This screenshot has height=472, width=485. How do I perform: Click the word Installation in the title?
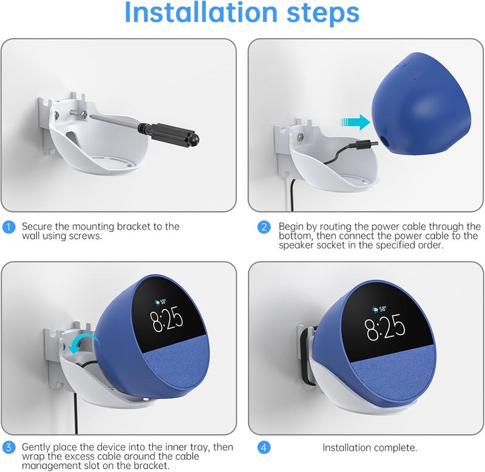click(201, 12)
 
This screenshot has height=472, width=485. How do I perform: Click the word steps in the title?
click(323, 13)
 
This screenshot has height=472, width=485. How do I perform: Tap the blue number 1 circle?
click(8, 227)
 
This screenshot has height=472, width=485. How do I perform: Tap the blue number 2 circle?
click(264, 227)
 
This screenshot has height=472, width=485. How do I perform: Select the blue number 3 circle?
click(8, 447)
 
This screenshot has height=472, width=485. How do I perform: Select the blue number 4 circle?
click(264, 447)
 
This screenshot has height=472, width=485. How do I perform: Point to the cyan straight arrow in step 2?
click(355, 122)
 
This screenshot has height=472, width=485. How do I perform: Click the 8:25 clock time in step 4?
click(385, 327)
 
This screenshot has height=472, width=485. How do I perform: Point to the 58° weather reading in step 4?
click(380, 309)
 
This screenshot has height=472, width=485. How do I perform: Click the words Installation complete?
click(370, 448)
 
